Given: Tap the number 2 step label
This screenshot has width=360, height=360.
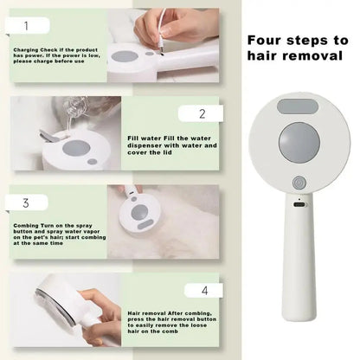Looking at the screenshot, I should pyautogui.click(x=201, y=113).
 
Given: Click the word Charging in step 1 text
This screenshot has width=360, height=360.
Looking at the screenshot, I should pyautogui.click(x=28, y=49).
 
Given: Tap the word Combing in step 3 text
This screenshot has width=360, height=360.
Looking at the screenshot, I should pyautogui.click(x=26, y=224).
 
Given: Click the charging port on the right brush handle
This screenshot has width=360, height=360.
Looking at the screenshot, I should pyautogui.click(x=299, y=205).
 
